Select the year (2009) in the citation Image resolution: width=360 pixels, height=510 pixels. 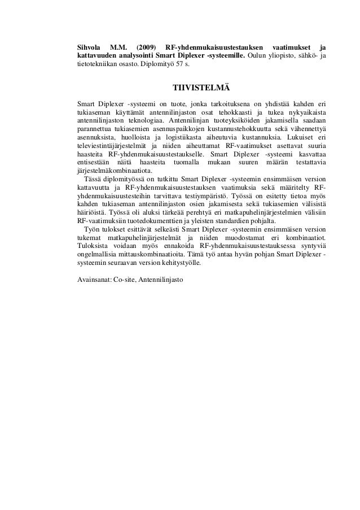(x=146, y=46)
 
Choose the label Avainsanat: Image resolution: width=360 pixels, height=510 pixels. (x=94, y=280)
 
